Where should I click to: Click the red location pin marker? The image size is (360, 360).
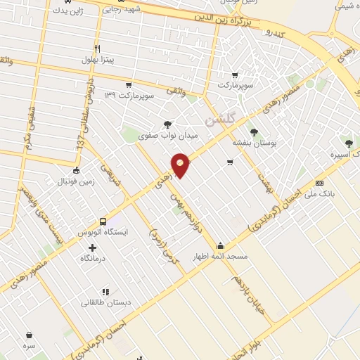(x=181, y=165)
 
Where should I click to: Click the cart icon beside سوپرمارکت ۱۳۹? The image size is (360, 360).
(x=129, y=84)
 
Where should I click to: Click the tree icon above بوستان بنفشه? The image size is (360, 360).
(x=253, y=131)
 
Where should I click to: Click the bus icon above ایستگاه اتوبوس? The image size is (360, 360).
(x=103, y=221)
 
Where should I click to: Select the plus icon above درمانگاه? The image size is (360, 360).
(x=93, y=247)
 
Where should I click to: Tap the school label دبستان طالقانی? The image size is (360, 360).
(x=105, y=302)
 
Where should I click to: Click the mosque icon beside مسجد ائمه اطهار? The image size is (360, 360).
(x=221, y=246)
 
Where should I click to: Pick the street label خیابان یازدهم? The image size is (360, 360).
(x=252, y=296)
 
